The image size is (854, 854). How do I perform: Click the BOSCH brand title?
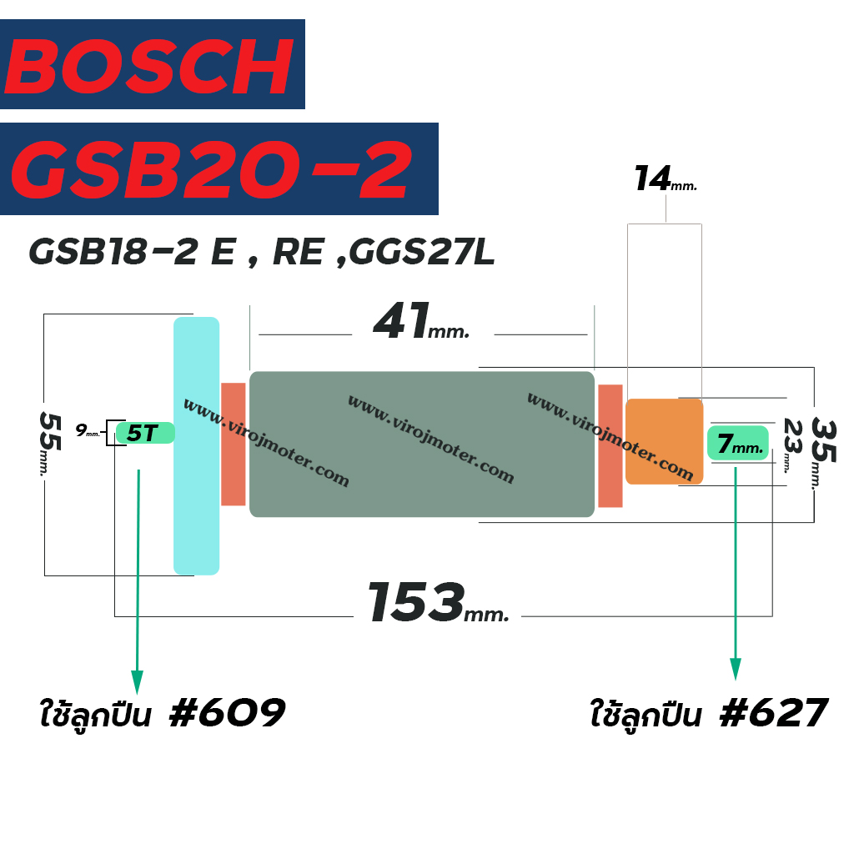pyautogui.click(x=148, y=67)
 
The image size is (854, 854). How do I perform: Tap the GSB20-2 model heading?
pyautogui.click(x=211, y=170)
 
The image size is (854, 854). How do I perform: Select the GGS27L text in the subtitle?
pyautogui.click(x=421, y=252)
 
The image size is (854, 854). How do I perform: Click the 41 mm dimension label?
pyautogui.click(x=421, y=321)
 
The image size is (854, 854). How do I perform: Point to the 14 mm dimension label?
pyautogui.click(x=666, y=178)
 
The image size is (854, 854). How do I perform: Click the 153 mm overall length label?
pyautogui.click(x=439, y=602)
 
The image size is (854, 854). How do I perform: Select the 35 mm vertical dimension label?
pyautogui.click(x=823, y=453)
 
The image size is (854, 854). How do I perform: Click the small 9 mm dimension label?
pyautogui.click(x=87, y=430)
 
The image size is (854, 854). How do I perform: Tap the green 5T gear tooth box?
pyautogui.click(x=145, y=433)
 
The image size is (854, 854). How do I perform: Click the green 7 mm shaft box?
pyautogui.click(x=738, y=443)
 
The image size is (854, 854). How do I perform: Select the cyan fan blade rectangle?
pyautogui.click(x=197, y=445)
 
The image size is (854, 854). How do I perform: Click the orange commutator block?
pyautogui.click(x=665, y=441)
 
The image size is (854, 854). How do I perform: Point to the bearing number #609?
pyautogui.click(x=227, y=712)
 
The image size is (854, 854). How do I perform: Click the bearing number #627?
pyautogui.click(x=774, y=712)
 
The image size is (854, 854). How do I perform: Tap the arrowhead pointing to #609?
pyautogui.click(x=138, y=682)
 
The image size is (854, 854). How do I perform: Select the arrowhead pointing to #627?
pyautogui.click(x=736, y=669)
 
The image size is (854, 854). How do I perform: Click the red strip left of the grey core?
pyautogui.click(x=234, y=444)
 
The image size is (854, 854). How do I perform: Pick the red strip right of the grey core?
pyautogui.click(x=610, y=445)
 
